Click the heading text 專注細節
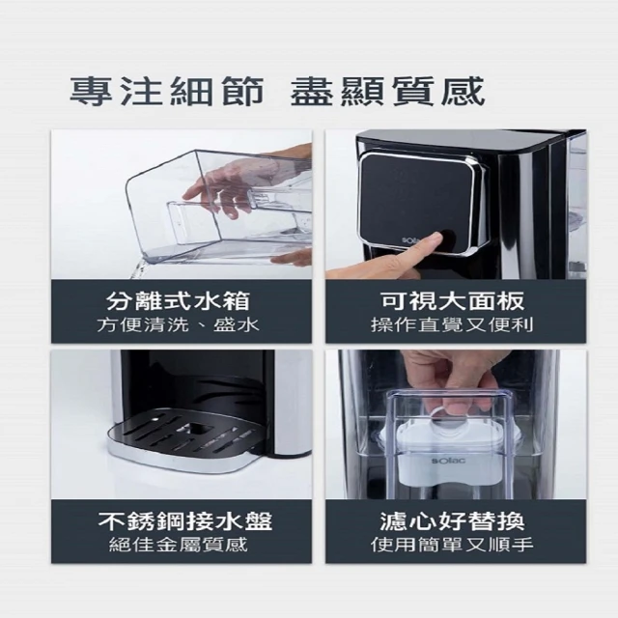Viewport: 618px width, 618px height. click(x=167, y=92)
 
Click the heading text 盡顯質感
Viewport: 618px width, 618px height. click(x=387, y=92)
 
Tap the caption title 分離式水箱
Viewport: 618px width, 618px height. click(x=178, y=301)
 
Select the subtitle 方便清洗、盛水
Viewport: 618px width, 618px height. click(x=178, y=325)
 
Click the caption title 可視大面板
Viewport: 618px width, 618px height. click(x=453, y=301)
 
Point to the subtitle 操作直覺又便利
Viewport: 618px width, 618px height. click(x=453, y=325)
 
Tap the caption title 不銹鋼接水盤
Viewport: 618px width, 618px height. click(x=185, y=521)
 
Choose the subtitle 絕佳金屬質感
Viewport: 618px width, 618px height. click(x=178, y=545)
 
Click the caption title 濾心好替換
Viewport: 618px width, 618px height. click(x=453, y=521)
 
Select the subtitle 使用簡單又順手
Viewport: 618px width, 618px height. click(x=453, y=545)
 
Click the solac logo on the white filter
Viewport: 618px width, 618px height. click(x=448, y=461)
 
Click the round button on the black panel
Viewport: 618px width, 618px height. click(x=448, y=239)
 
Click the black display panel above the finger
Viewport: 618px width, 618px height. click(x=417, y=199)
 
